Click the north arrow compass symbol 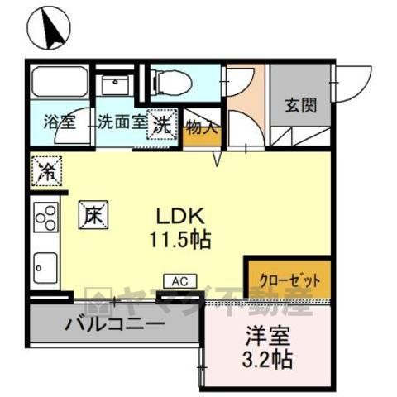pos(49,27)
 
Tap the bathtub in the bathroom pos(60,82)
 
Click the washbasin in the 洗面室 pos(115,84)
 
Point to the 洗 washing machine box pos(162,124)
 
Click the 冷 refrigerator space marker pos(46,171)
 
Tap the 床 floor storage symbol pos(93,215)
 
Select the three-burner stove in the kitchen pos(46,218)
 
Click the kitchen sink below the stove pos(45,268)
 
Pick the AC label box pos(180,281)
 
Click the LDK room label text pos(180,216)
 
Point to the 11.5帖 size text pos(180,240)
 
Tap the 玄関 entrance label pos(301,105)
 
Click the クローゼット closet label pos(289,280)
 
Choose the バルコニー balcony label pos(115,323)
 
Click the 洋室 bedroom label pos(268,336)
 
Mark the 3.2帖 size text pos(267,359)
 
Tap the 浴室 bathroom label pos(60,122)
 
